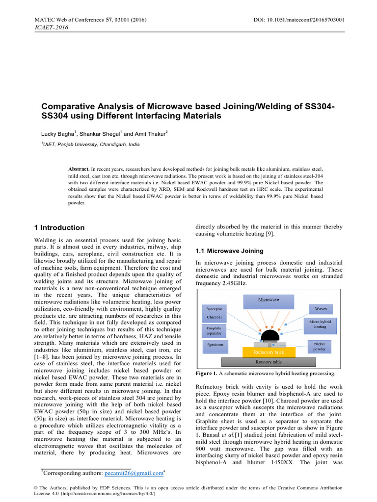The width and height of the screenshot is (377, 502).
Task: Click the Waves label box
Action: point(320,309)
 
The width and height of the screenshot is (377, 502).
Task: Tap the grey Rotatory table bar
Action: point(269,362)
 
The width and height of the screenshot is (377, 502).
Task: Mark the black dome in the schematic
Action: point(269,337)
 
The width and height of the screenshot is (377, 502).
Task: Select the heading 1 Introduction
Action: point(58,227)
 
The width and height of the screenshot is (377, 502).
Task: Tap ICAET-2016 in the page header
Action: point(51,27)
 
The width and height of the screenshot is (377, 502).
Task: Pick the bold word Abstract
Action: point(79,168)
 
